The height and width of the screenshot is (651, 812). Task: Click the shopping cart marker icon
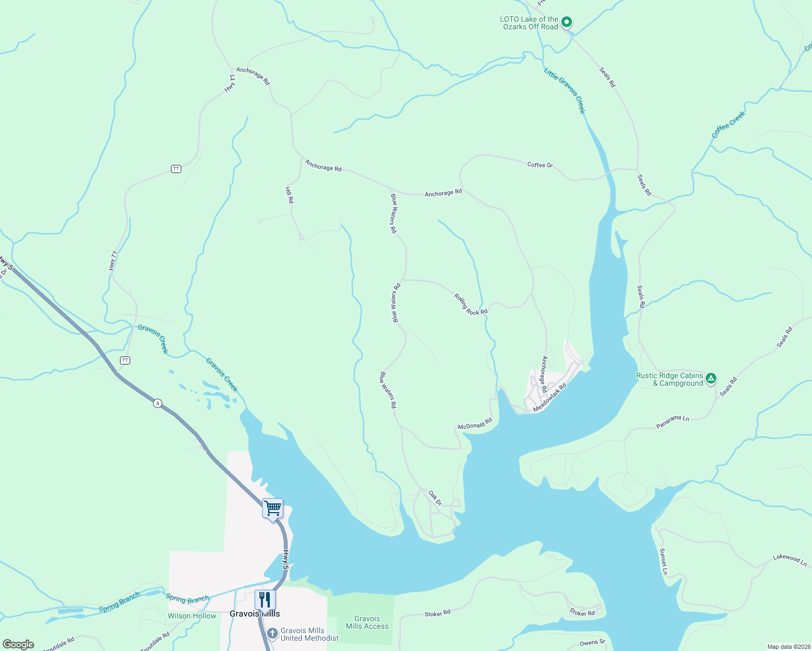click(272, 509)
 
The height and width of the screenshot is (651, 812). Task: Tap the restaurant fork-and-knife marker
click(265, 600)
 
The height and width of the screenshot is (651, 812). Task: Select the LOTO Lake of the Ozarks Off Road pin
click(566, 22)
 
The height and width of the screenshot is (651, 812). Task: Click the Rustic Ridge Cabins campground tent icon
click(711, 379)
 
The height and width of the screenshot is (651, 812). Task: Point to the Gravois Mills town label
click(255, 614)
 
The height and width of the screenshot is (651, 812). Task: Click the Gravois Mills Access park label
click(367, 622)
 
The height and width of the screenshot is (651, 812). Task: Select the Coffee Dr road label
click(540, 165)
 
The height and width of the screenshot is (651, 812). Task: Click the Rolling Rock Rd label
click(471, 304)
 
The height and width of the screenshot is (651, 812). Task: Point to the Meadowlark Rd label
click(550, 398)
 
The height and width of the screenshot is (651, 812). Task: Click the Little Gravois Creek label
click(565, 91)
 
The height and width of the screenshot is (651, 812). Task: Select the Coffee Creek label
click(728, 124)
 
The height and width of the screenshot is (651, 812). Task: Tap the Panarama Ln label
click(672, 423)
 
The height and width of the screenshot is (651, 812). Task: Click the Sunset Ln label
click(663, 561)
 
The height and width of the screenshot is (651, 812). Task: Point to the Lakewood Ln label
click(790, 560)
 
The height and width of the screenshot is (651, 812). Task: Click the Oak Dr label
click(435, 498)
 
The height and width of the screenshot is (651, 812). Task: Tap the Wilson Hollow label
click(192, 616)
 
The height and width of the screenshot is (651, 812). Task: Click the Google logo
click(18, 644)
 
